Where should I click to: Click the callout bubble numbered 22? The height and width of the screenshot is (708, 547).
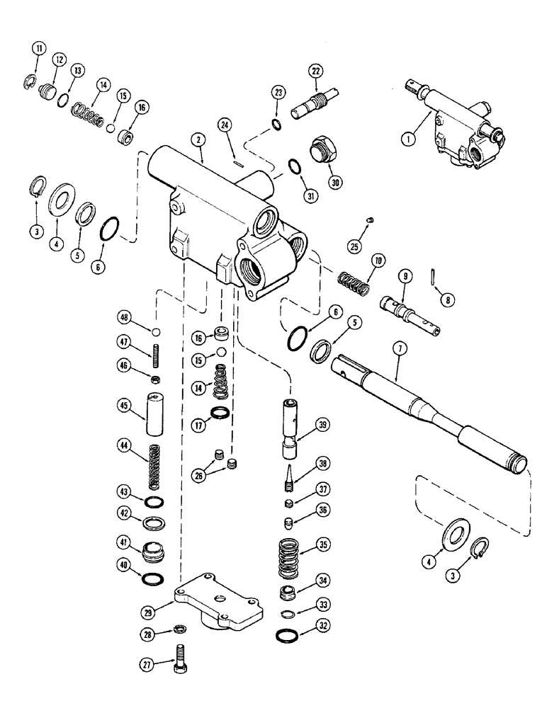pos(315,71)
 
